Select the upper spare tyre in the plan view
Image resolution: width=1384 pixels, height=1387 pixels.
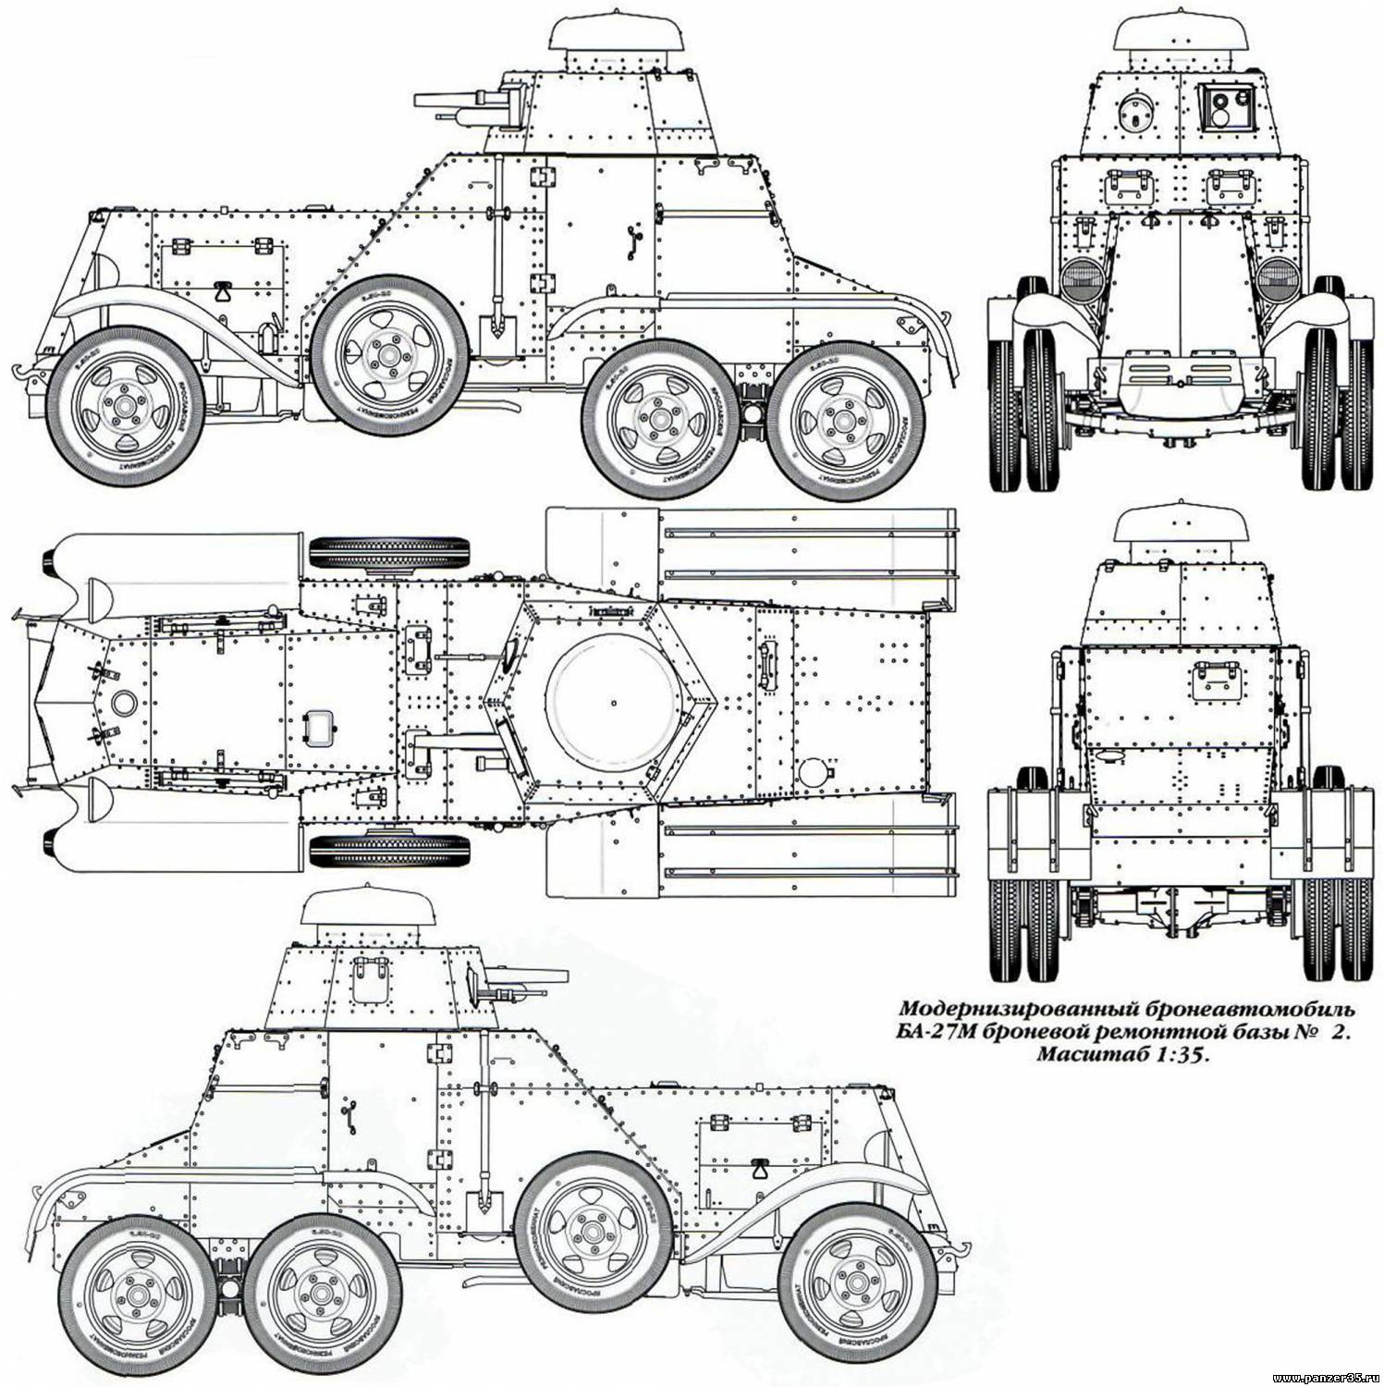coord(392,554)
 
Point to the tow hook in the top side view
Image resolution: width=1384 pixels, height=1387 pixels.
coord(18,372)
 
